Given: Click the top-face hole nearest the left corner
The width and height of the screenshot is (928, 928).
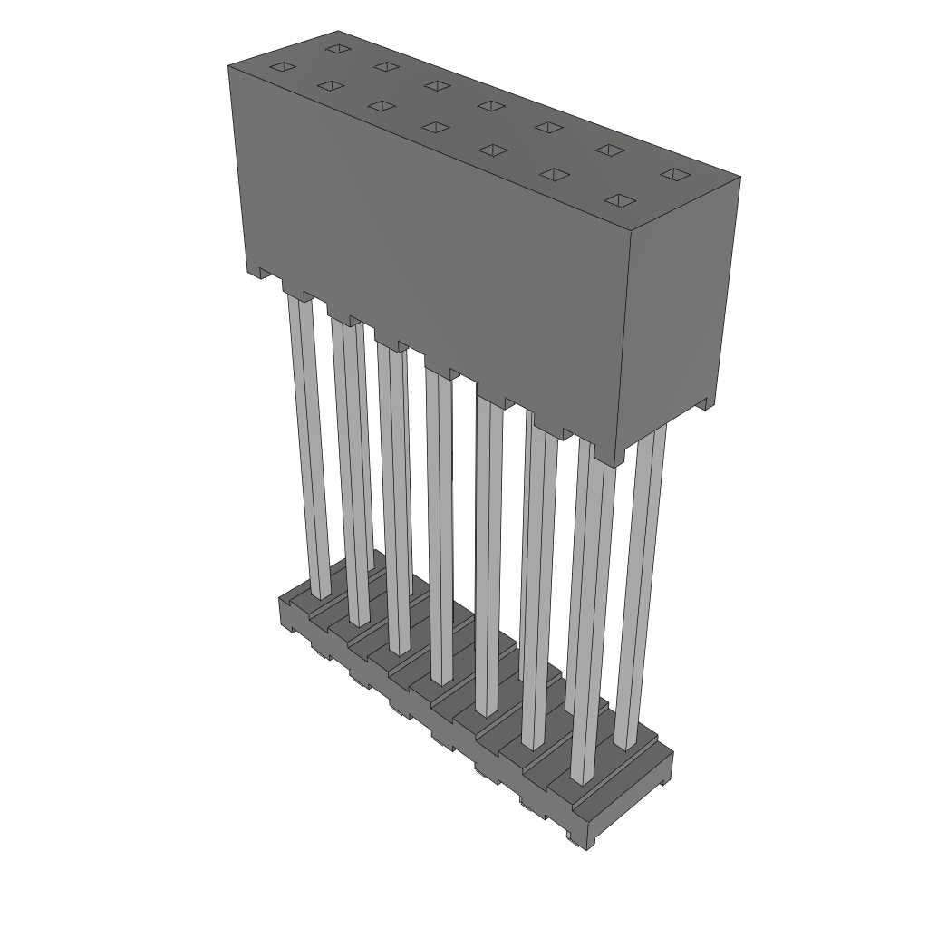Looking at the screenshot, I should (284, 66).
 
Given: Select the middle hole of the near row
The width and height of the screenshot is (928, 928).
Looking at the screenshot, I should (436, 127).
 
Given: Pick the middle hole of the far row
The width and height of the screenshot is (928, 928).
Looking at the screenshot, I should (491, 106).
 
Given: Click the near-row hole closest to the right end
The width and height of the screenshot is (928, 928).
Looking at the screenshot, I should (618, 199).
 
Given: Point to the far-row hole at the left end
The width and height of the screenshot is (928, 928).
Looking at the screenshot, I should (338, 48).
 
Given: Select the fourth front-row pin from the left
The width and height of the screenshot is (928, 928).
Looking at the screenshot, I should (439, 526).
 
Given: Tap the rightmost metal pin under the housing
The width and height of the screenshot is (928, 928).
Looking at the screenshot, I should (645, 580).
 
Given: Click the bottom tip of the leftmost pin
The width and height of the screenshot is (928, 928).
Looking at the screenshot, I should (321, 594).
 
